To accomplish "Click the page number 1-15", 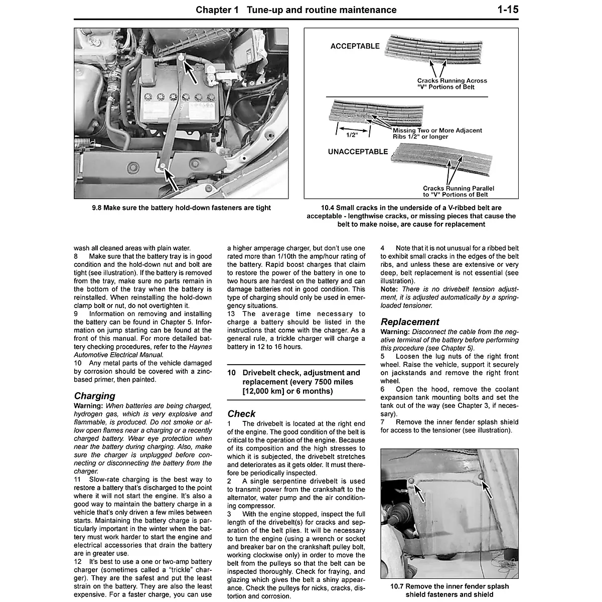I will (508, 10).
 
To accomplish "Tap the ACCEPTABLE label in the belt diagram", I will (355, 46).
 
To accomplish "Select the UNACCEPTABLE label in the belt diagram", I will (358, 152).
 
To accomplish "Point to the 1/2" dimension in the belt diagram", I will (351, 134).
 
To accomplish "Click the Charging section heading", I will (94, 396).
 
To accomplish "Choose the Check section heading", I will (241, 413).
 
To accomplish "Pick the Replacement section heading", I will (409, 322).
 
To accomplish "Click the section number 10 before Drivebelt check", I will (231, 373).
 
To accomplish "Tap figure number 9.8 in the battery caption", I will (97, 208).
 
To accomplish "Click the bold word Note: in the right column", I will (389, 289).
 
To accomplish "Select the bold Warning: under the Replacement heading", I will (394, 332).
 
